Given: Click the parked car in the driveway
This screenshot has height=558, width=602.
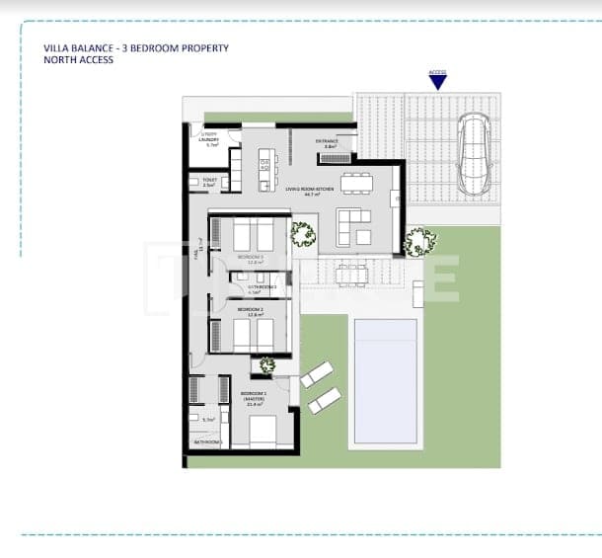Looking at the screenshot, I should pos(473,154).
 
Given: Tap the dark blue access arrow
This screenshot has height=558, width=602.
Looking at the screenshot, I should pos(437,84).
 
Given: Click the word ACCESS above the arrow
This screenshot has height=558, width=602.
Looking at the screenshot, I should pos(437,72).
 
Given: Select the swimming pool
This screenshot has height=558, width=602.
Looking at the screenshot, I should pos(385,380).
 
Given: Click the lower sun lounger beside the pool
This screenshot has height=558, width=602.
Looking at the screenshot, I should pos(324,400).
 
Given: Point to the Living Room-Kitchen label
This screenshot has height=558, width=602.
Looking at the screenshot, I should pos(309,188).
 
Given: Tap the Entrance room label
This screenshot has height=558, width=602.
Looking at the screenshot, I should pos(328,142).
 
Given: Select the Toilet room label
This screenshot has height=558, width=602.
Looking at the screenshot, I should pos(208,181).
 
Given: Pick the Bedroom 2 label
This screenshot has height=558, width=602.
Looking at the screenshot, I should pos(248,311).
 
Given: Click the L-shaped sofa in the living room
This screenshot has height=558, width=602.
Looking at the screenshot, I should pos(353,226).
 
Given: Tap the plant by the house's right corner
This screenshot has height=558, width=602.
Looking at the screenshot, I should pos(419,240).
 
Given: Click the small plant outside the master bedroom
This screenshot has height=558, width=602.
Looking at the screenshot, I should pos(266,366).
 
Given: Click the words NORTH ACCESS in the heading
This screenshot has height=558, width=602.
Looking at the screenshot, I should pos(78,60).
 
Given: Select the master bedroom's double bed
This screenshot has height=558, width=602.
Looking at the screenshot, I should pos(263,430).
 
